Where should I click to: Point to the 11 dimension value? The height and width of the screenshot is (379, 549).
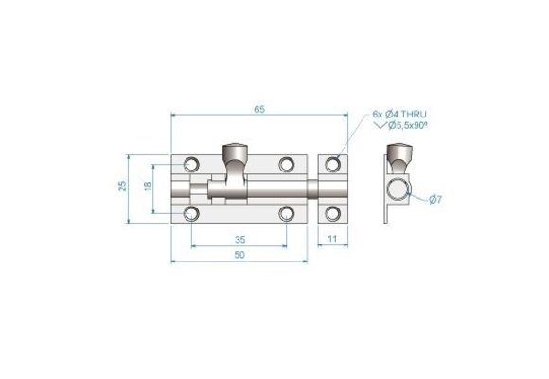(x=332, y=240)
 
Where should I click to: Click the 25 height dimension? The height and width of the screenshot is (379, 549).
(x=123, y=187)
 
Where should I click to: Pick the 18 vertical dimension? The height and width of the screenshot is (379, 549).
(x=147, y=187)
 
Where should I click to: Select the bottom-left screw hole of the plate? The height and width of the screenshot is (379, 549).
(x=193, y=211)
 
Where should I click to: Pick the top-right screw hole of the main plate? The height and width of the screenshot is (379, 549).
(x=286, y=165)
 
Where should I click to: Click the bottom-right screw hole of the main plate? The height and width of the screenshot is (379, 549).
(x=286, y=211)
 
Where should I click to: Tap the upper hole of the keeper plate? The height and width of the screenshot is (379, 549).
(x=332, y=165)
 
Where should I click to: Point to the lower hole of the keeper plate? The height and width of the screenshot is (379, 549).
(x=332, y=211)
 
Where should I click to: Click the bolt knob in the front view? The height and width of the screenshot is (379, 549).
(x=233, y=152)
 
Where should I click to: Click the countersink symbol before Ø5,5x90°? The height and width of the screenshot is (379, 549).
(x=381, y=126)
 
